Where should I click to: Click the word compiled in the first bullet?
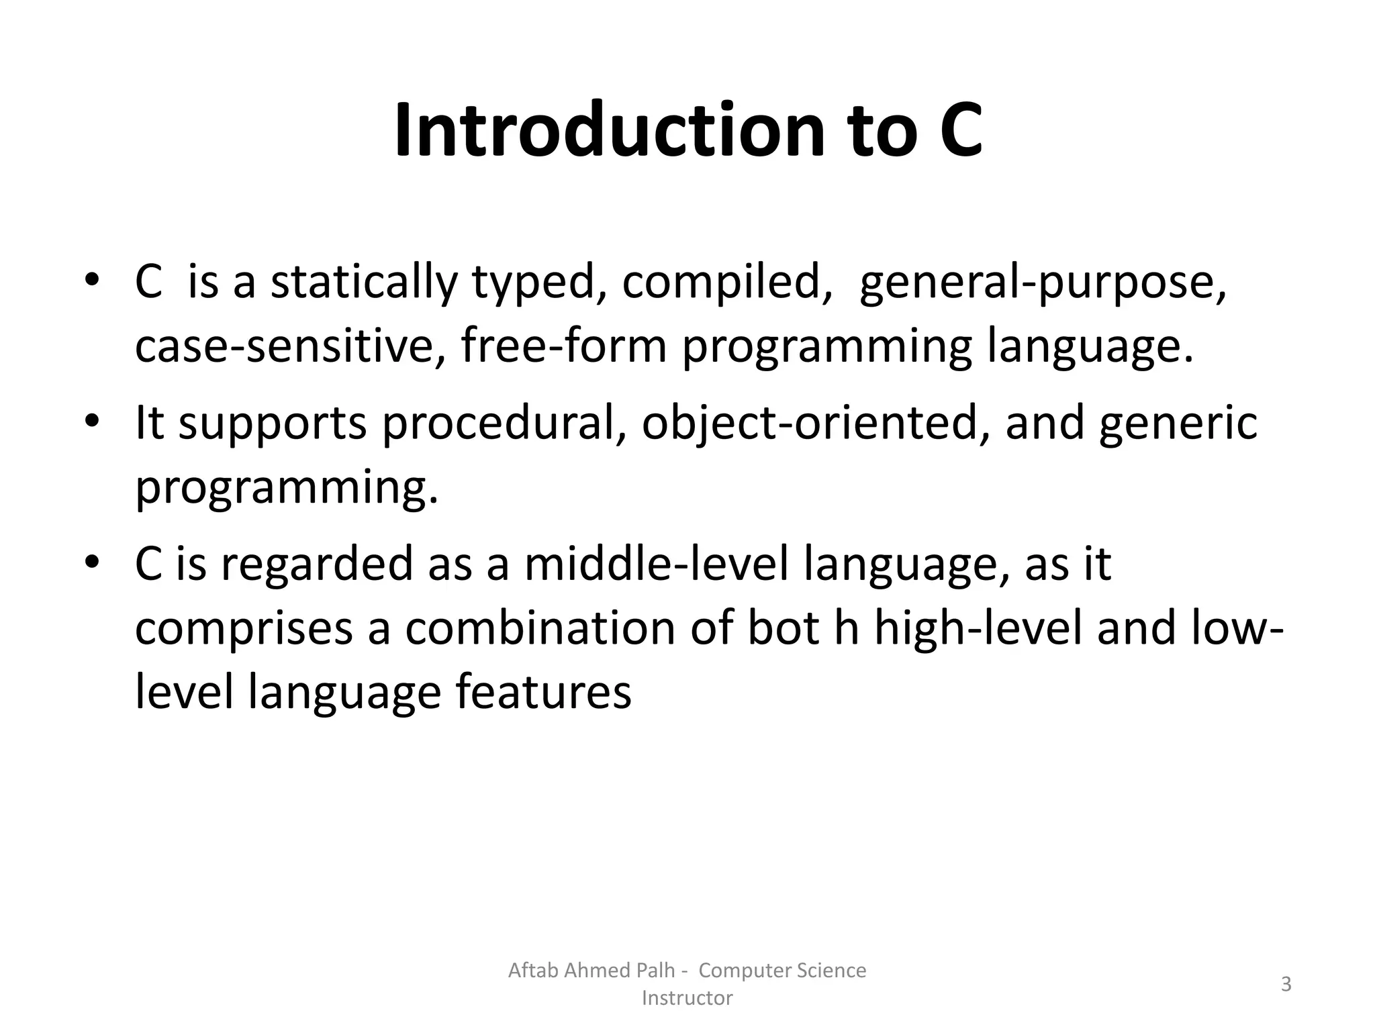tap(722, 283)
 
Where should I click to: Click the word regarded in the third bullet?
tap(316, 564)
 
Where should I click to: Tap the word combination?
tap(540, 629)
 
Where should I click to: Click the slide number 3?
tap(1286, 985)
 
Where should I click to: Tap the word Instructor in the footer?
tap(687, 998)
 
